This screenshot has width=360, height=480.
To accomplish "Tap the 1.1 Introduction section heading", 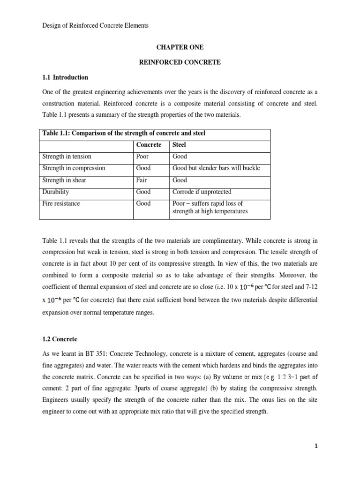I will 65,77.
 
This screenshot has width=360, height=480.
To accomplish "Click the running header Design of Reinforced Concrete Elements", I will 95,26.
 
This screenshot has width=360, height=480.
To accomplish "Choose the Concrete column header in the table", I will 149,145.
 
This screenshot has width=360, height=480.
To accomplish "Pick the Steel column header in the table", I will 180,145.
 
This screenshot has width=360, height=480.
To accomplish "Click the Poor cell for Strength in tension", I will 142,157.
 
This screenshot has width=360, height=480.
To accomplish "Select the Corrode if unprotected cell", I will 202,192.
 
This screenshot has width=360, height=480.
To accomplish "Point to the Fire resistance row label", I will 61,203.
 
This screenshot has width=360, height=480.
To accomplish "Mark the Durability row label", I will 56,192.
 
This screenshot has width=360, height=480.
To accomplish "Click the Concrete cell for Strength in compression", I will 143,168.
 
